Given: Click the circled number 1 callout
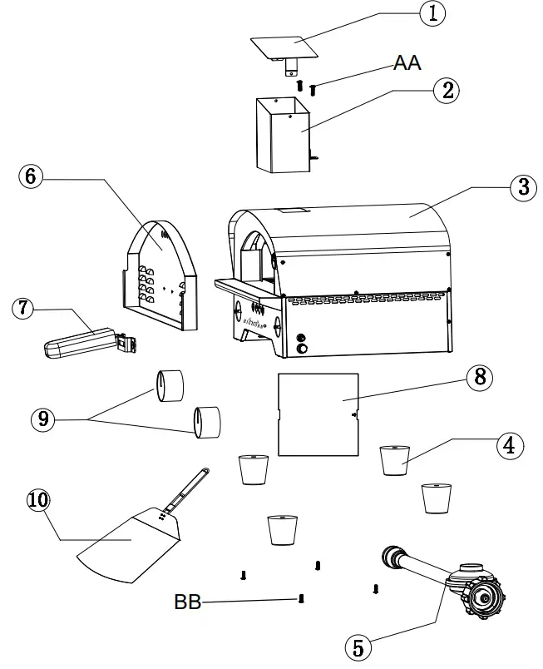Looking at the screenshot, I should click(x=432, y=14).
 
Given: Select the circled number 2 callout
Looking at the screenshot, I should click(x=447, y=91).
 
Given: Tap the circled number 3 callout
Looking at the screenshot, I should click(x=522, y=186).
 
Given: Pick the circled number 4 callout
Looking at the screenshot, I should click(x=510, y=444).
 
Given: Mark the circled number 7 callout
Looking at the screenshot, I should click(x=23, y=309).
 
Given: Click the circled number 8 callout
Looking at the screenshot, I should click(x=478, y=377).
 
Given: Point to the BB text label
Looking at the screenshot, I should click(x=187, y=602).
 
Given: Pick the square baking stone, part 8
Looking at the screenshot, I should click(x=317, y=414).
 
